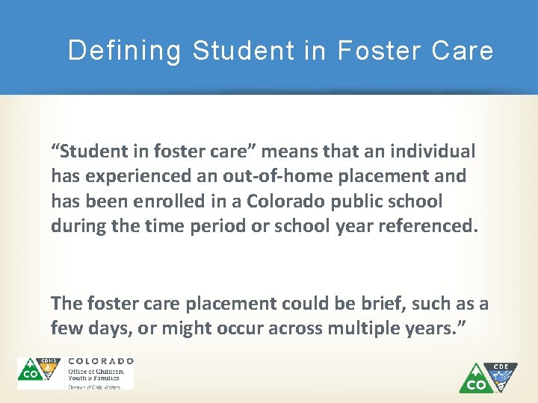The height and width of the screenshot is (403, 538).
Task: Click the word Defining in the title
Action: [124, 51]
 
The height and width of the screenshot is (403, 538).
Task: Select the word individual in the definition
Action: [432, 151]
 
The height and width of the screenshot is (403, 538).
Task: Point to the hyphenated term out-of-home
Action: [266, 176]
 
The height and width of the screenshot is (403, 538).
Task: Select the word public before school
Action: [359, 201]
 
